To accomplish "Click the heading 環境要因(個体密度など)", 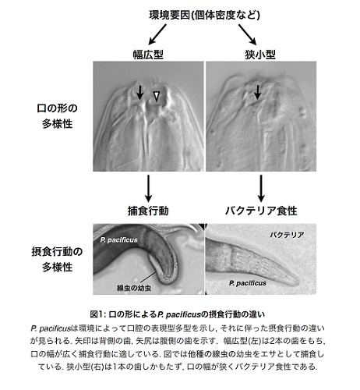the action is point(205,15).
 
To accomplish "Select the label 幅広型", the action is point(148,55).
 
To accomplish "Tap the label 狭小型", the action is point(260,55).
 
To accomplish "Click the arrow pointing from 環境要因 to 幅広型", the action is point(157,34).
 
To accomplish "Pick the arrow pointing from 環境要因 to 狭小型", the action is point(248,34).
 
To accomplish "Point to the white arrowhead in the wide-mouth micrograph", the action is point(156,96).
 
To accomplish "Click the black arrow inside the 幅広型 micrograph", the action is point(140,92).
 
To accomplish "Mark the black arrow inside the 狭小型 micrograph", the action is point(257,92).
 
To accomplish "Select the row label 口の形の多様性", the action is point(57,116).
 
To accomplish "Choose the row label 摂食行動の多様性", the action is point(57,259).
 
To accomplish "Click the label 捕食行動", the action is point(148,211).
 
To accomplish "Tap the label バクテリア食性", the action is point(261,211).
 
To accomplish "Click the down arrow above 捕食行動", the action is point(148,188).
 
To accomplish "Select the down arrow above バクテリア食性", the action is point(261,188).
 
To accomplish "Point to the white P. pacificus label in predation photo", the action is point(119,239).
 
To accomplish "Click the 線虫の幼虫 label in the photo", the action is point(134,288).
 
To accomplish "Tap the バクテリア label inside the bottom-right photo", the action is point(287,235).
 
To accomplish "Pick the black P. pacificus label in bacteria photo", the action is point(248,283).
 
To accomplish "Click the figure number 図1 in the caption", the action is point(97,314).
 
